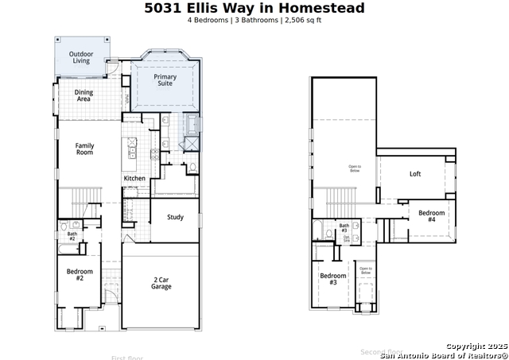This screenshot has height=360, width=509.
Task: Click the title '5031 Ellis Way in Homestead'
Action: pos(254,9)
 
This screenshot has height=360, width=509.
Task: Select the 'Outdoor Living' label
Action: pos(80,57)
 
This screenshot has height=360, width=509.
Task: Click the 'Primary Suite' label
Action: pos(165,80)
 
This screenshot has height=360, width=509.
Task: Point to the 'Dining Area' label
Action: pos(84,96)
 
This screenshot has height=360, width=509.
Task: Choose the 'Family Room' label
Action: pos(84,149)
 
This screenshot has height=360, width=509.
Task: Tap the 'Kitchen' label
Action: pos(134,179)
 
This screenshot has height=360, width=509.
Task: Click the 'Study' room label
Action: pos(175,217)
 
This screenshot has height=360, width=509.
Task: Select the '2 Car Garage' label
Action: pos(161,283)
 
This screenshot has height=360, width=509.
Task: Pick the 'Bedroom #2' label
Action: pos(80,275)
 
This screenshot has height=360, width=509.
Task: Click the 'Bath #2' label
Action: pos(72,236)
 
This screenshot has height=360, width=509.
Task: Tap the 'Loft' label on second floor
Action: pos(415,174)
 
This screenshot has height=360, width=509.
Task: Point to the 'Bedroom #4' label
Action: pos(432,215)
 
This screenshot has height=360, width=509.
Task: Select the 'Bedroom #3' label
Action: pos(333,279)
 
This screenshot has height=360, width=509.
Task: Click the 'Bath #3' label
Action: pos(344,228)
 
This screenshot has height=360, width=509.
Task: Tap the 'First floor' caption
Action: pos(128,358)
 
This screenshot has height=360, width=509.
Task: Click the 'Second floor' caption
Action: pos(381,351)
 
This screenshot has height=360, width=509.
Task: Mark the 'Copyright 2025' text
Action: pos(476,346)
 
